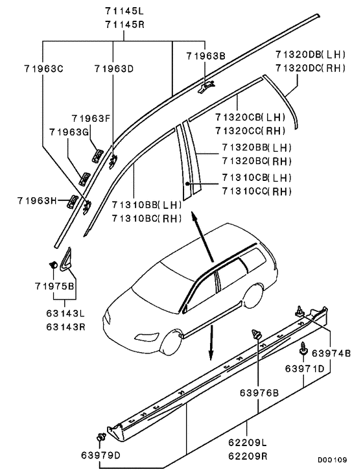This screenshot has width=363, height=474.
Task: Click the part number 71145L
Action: (x=124, y=11)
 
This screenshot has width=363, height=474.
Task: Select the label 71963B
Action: (x=205, y=56)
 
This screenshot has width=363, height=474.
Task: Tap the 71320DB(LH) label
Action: (x=310, y=54)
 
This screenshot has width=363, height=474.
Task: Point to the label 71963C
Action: (x=44, y=69)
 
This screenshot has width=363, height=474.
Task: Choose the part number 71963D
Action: (x=114, y=69)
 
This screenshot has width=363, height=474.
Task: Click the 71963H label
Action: (x=37, y=200)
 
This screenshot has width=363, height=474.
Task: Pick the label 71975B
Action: (x=54, y=286)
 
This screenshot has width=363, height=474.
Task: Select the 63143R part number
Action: (x=65, y=327)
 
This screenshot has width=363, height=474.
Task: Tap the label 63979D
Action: (x=100, y=455)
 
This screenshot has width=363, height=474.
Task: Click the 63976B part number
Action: (x=259, y=393)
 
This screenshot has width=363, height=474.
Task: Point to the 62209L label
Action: (x=248, y=442)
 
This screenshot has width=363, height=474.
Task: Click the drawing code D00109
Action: (x=332, y=460)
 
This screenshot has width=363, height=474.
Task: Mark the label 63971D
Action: (x=305, y=368)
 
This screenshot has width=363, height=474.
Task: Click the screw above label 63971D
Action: (x=303, y=348)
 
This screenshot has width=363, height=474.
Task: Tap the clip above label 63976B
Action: (x=257, y=335)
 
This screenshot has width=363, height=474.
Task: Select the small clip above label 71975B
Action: (x=53, y=265)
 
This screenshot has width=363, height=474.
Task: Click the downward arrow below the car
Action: (x=211, y=342)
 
